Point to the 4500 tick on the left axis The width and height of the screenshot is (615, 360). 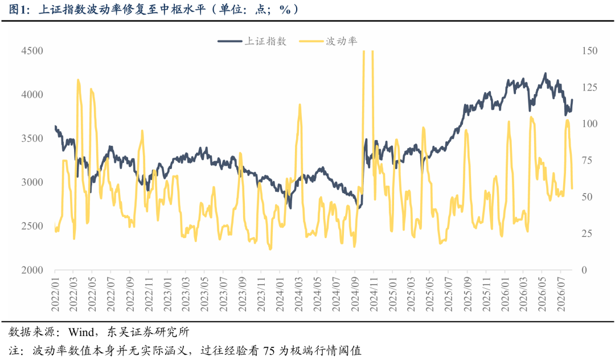[32, 51]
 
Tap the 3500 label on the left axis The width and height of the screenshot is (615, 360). [32, 138]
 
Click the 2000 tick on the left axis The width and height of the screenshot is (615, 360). [32, 270]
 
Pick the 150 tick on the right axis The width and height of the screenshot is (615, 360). [590, 51]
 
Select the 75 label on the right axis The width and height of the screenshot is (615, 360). [587, 161]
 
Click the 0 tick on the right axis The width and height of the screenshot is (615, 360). [584, 270]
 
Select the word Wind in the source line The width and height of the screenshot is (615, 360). [80, 332]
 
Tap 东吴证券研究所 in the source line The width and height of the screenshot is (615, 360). [148, 332]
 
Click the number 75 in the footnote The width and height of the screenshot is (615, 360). [269, 350]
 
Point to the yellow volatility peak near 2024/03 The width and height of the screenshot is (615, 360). [300, 105]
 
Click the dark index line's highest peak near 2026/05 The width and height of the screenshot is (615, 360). [545, 73]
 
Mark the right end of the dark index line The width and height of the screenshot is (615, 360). [572, 100]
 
